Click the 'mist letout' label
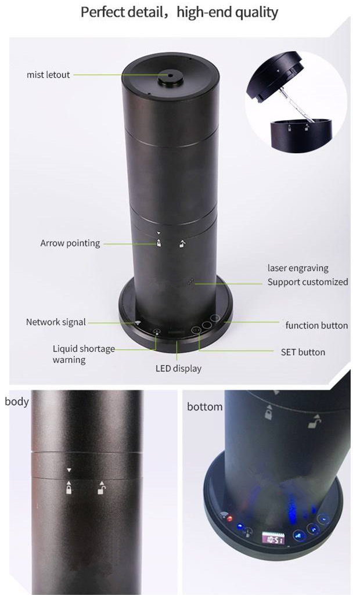(48, 75)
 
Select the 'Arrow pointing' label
(70, 243)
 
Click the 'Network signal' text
(56, 322)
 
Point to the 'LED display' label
(178, 368)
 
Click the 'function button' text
(316, 325)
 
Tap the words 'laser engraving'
(298, 268)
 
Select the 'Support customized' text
(308, 282)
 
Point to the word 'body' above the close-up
(16, 402)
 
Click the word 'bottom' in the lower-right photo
(204, 407)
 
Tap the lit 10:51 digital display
(272, 539)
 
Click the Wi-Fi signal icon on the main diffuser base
(137, 323)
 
